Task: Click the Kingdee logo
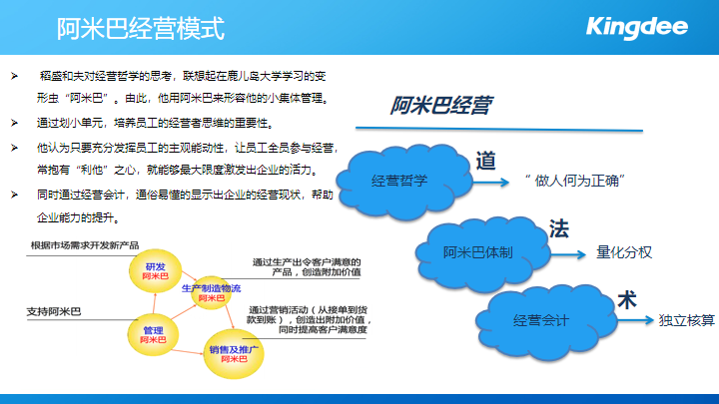click(637, 28)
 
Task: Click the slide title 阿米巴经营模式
click(141, 28)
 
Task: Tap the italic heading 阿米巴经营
click(440, 105)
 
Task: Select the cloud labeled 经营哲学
click(404, 181)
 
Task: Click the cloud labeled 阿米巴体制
click(482, 253)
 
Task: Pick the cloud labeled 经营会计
click(545, 321)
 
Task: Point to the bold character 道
click(485, 161)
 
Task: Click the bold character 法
click(559, 228)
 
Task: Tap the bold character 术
click(627, 300)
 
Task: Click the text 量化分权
click(623, 252)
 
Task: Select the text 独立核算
click(686, 320)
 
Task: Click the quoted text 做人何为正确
click(576, 181)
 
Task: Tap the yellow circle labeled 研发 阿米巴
click(155, 271)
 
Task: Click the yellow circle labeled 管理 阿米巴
click(153, 335)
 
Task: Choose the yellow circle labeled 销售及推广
click(234, 353)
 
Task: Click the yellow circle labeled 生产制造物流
click(211, 292)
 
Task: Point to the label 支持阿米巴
click(54, 311)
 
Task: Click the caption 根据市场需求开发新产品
click(85, 245)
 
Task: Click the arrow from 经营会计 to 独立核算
click(635, 320)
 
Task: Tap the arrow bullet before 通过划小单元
click(15, 123)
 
